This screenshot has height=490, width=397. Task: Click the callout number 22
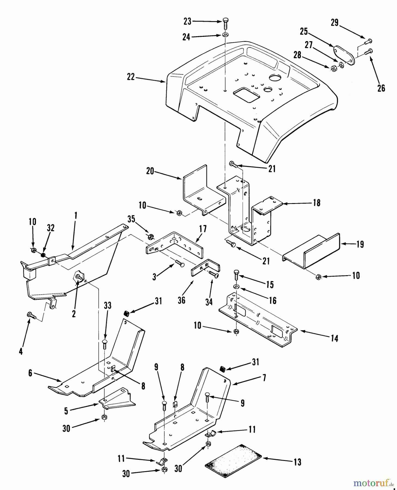click(131, 77)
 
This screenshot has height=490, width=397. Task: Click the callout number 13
click(298, 462)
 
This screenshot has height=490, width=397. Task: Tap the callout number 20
click(150, 171)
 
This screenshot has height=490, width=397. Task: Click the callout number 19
click(360, 244)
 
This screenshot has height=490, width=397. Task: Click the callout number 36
click(181, 300)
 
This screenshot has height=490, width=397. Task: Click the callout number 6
click(30, 373)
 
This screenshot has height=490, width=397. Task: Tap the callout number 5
click(66, 411)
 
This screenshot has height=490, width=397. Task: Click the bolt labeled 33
click(105, 344)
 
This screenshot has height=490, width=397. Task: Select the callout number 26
click(381, 88)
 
